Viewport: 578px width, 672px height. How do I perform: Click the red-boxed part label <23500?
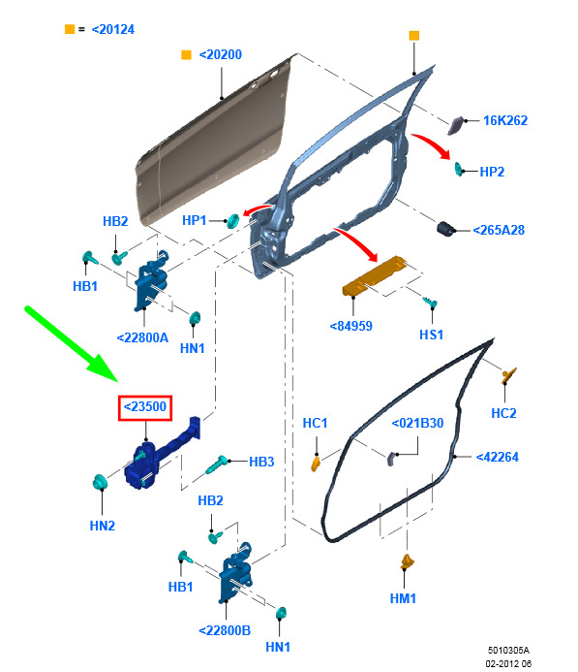[x=145, y=407]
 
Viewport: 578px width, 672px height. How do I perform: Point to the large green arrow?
[x=72, y=343]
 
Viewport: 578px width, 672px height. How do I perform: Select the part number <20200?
[x=221, y=55]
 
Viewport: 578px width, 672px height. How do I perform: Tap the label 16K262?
[x=505, y=120]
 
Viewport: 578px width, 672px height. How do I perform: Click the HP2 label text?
[x=492, y=172]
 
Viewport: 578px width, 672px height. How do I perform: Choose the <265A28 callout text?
[x=499, y=230]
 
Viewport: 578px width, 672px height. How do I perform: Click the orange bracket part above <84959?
[x=376, y=275]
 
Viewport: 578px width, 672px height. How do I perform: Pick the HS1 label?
[x=431, y=335]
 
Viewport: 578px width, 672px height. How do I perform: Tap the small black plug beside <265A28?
[x=445, y=229]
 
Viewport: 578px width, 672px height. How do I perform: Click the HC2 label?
[x=503, y=413]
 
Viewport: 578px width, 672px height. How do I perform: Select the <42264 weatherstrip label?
[x=497, y=457]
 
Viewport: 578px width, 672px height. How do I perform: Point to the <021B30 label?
[x=417, y=423]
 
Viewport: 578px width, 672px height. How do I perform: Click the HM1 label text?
[x=403, y=598]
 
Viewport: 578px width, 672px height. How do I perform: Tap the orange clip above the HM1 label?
[x=407, y=561]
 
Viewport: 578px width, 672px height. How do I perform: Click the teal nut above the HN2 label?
[x=100, y=483]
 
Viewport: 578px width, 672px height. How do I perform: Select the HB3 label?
[x=261, y=462]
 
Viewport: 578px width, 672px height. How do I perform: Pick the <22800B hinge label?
[x=225, y=630]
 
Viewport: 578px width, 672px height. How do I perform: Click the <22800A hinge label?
[x=142, y=337]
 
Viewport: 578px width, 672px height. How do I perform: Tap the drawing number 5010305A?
[x=508, y=650]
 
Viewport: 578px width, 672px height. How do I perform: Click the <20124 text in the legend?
[x=113, y=29]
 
